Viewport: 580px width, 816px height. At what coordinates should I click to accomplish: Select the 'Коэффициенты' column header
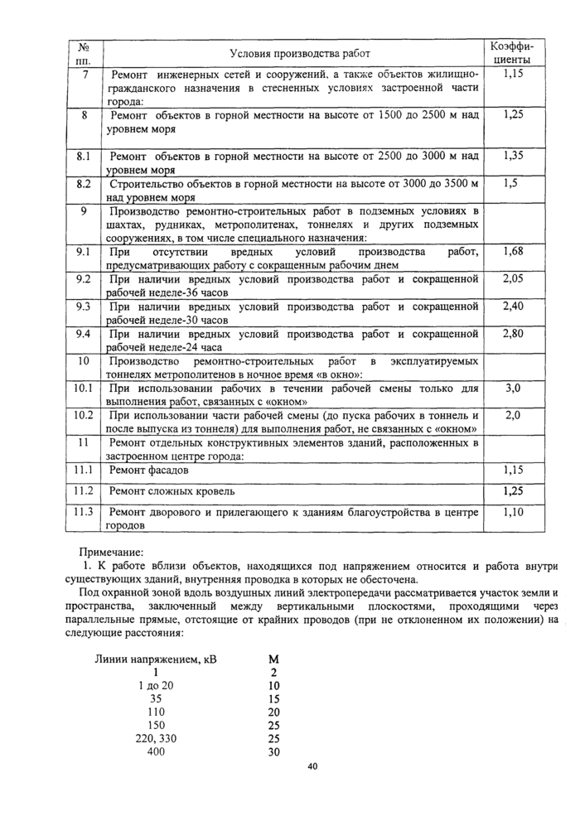[x=512, y=53]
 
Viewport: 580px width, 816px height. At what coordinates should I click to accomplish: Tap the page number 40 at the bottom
[x=312, y=766]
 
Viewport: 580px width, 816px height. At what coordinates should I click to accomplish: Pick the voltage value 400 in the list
[x=156, y=751]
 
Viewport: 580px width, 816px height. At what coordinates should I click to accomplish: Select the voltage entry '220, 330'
[x=156, y=738]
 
